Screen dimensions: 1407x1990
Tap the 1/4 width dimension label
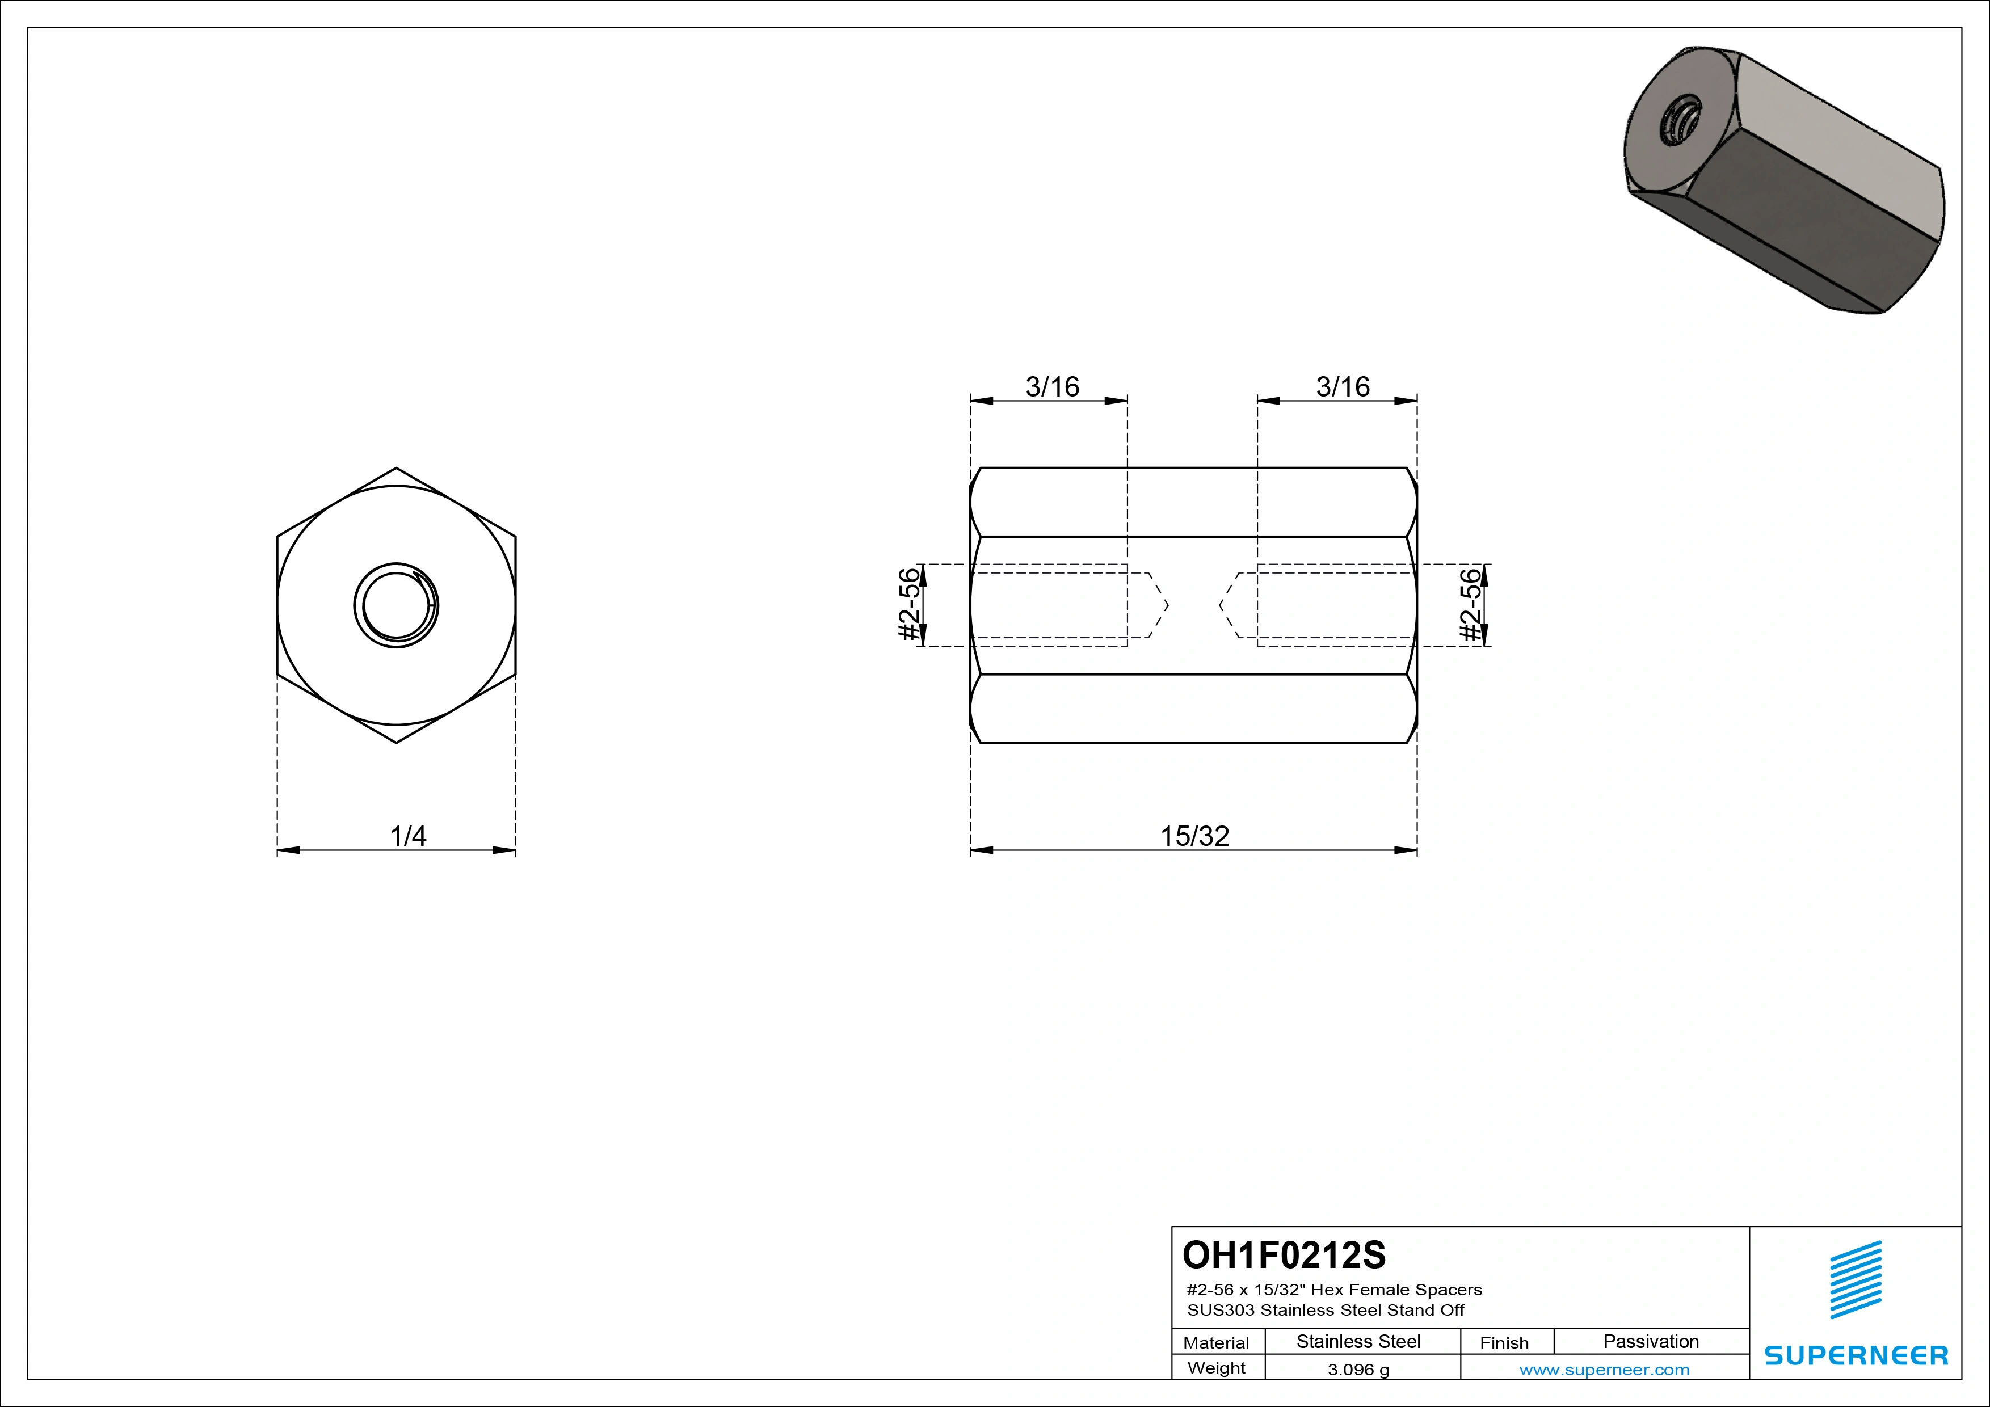pyautogui.click(x=407, y=836)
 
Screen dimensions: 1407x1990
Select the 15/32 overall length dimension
pyautogui.click(x=1194, y=836)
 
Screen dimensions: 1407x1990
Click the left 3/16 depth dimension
pyautogui.click(x=1052, y=386)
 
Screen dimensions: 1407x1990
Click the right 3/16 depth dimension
pyautogui.click(x=1343, y=386)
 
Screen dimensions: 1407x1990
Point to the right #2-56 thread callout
pyautogui.click(x=1471, y=605)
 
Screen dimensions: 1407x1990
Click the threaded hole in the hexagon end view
pyautogui.click(x=396, y=605)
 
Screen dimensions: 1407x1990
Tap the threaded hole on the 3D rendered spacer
pyautogui.click(x=1679, y=125)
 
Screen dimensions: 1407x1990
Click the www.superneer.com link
pyautogui.click(x=1604, y=1370)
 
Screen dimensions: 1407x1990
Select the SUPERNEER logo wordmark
pyautogui.click(x=1856, y=1355)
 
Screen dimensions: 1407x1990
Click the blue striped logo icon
pyautogui.click(x=1856, y=1280)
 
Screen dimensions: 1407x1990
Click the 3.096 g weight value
pyautogui.click(x=1358, y=1370)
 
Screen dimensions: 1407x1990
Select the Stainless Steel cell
pyautogui.click(x=1358, y=1342)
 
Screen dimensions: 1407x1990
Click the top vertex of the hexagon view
pyautogui.click(x=396, y=468)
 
